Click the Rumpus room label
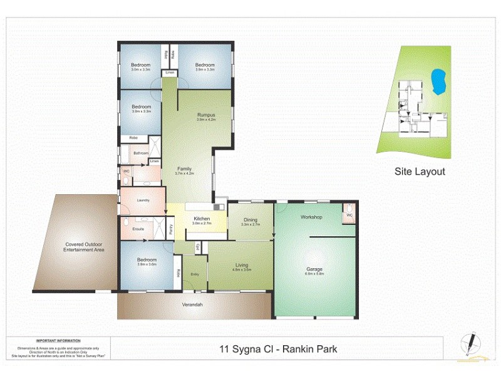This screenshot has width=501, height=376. [206, 115]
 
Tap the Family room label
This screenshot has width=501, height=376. [184, 169]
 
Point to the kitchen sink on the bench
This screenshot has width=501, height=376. [219, 206]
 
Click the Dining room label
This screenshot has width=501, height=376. [250, 219]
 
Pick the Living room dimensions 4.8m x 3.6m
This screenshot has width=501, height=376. [242, 270]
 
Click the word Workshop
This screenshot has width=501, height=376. [311, 217]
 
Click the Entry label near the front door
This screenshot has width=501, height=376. [195, 274]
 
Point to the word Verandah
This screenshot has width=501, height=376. [192, 305]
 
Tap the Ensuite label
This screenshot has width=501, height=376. [138, 229]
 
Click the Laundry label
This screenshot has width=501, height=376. [143, 200]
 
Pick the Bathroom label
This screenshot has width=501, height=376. [141, 153]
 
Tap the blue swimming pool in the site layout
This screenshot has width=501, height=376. [439, 80]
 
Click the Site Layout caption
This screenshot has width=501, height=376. [419, 171]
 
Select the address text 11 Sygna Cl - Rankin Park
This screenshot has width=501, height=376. [278, 349]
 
